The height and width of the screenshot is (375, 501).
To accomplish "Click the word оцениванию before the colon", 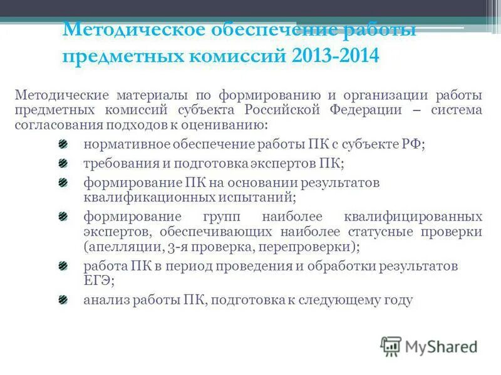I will click(223, 124).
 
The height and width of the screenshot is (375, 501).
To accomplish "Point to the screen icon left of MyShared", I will click(391, 346).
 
